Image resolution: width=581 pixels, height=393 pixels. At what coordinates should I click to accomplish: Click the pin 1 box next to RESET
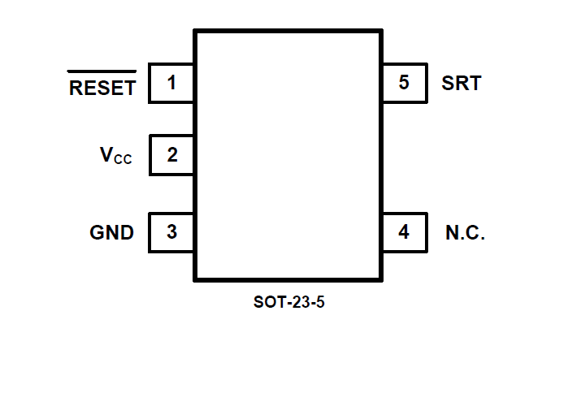(x=171, y=83)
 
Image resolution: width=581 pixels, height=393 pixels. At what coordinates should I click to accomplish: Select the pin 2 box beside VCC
(x=171, y=155)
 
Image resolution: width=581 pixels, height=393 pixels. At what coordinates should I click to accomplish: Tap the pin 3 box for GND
(x=171, y=232)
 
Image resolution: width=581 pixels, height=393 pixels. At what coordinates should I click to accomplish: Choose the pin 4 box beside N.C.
(x=404, y=232)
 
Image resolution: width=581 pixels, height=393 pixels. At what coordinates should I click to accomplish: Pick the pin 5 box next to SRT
(x=404, y=83)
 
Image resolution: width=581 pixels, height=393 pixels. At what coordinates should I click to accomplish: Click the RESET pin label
(x=102, y=89)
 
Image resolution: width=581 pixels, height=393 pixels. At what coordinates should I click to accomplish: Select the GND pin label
(x=111, y=233)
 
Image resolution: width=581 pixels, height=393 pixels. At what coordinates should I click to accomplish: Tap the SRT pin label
(x=461, y=83)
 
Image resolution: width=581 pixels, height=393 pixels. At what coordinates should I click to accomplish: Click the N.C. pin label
(x=465, y=233)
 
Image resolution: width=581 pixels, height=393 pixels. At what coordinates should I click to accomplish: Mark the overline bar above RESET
(x=102, y=71)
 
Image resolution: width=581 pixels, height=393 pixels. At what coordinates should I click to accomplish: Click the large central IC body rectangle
(x=288, y=155)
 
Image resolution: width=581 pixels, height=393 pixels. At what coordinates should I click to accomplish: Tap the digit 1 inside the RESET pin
(x=171, y=83)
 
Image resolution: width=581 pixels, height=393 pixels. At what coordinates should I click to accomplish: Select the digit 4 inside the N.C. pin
(x=404, y=232)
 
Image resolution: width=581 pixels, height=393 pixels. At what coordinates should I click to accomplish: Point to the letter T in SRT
(x=474, y=83)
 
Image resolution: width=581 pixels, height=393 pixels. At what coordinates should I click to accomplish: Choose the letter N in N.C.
(x=452, y=233)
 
